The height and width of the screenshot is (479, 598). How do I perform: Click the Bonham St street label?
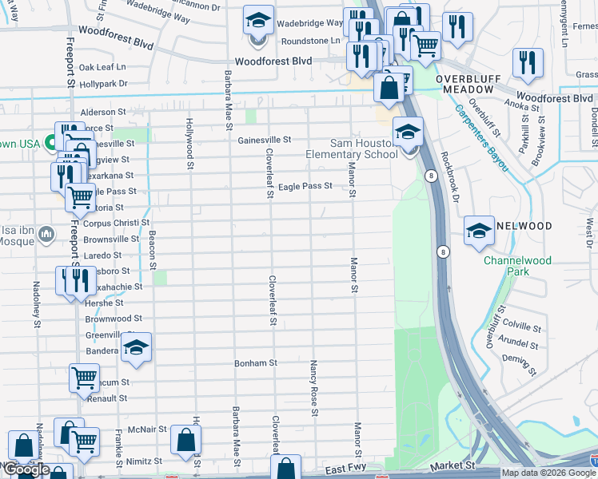(255, 362)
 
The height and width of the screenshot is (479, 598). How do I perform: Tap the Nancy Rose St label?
(313, 387)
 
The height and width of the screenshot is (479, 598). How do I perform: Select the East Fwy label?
(345, 473)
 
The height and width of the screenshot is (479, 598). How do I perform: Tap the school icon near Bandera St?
(137, 347)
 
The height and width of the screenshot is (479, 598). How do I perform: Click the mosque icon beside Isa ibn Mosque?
(45, 234)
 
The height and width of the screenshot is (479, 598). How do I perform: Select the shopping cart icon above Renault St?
(84, 378)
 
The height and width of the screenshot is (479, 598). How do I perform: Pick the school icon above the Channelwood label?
(479, 231)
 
